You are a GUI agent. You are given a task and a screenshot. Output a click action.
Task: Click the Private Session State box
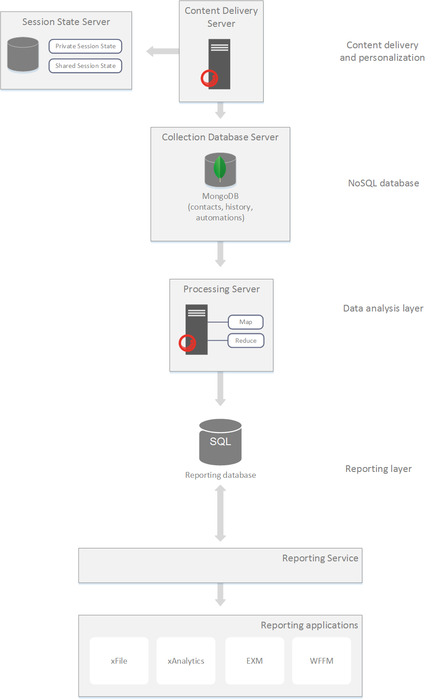[x=85, y=46]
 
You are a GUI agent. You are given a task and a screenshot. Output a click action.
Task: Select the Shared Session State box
[x=85, y=66]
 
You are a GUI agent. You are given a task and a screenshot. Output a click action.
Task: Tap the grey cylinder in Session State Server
[x=23, y=55]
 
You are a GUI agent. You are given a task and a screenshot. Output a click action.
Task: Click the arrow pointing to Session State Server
[x=162, y=51]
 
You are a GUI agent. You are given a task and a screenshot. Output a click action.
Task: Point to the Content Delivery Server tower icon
[x=219, y=64]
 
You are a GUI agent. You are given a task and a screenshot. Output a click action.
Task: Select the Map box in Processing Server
[x=245, y=322]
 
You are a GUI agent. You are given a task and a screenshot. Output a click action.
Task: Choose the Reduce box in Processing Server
[x=246, y=341]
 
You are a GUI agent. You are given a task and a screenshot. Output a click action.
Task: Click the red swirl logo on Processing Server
[x=187, y=343]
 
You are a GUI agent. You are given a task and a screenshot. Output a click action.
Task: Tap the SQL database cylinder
[x=220, y=442]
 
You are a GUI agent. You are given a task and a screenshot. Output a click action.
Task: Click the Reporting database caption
[x=220, y=475]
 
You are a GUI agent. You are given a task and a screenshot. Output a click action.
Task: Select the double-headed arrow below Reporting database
[x=220, y=513]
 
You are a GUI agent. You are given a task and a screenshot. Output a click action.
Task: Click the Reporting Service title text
[x=320, y=558]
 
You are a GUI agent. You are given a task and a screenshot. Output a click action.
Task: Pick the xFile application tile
[x=119, y=661]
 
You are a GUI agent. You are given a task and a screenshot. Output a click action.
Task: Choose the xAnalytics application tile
[x=186, y=661]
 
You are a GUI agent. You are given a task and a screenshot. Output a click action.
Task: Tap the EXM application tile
[x=254, y=661]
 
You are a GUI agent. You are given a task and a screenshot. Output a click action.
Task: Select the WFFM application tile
[x=321, y=661]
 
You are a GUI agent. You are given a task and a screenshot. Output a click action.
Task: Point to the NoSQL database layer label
[x=384, y=183]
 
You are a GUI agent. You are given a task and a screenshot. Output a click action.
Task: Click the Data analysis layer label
[x=383, y=308]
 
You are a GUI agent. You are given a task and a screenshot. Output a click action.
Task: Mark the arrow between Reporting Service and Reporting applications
[x=220, y=594]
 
